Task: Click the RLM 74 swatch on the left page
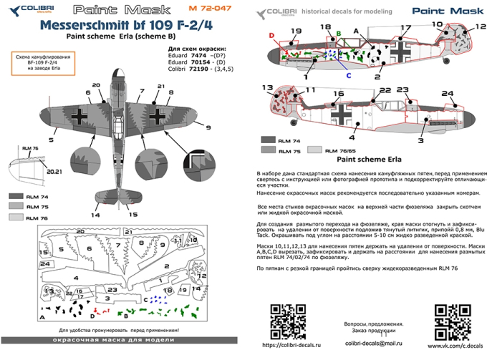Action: click(14, 195)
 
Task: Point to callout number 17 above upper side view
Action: click(405, 29)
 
